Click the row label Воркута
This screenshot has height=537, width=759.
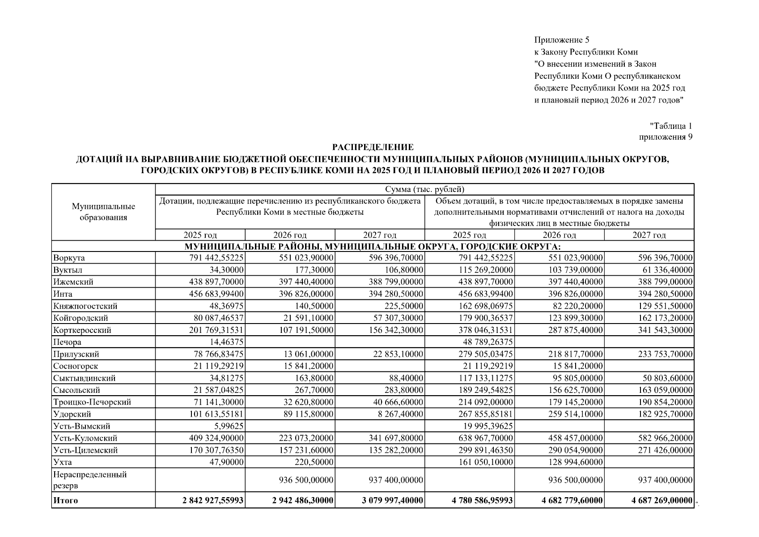(69, 258)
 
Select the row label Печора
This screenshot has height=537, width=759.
(67, 342)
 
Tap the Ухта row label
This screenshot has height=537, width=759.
(63, 462)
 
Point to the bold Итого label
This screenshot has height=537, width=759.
(65, 501)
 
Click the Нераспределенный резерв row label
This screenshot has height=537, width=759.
(90, 480)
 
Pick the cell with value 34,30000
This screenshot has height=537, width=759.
(227, 270)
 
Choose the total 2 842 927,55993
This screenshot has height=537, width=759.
(213, 501)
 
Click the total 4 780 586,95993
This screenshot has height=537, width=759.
(482, 501)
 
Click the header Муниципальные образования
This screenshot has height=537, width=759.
(103, 212)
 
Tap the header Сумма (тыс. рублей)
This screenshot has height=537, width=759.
(424, 189)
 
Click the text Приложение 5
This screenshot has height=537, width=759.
(561, 40)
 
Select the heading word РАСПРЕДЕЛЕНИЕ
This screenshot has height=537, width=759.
(373, 147)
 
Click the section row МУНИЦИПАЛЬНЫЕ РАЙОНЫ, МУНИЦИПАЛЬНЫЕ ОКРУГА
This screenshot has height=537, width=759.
(373, 247)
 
